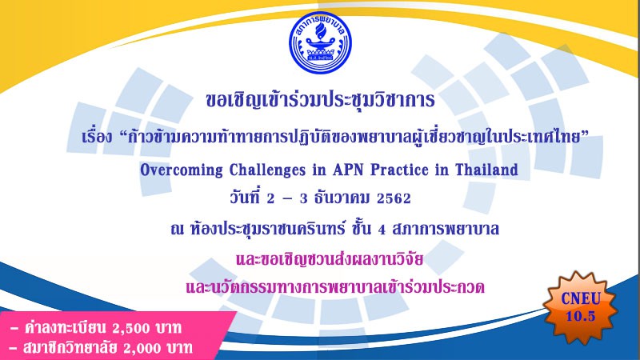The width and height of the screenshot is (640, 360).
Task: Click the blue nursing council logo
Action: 321,43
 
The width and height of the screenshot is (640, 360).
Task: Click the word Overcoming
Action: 182,170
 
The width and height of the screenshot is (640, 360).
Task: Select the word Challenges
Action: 267,170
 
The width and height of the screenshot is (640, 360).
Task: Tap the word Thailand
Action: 486,169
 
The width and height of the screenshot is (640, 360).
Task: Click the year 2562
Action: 394,198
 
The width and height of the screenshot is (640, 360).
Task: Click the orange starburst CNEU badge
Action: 580,307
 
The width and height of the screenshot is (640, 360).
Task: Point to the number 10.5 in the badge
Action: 581,316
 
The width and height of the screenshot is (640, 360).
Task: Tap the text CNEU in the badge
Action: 581,298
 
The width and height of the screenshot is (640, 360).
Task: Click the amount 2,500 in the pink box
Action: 126,328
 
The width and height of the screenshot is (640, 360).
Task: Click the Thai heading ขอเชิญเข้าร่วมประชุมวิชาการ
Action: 321,100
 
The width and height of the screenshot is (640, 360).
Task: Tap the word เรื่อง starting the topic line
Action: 97,136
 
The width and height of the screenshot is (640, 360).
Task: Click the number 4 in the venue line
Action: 382,230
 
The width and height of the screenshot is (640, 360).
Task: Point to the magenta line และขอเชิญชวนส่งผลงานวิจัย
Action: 330,259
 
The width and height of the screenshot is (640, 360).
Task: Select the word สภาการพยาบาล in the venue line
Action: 446,229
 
